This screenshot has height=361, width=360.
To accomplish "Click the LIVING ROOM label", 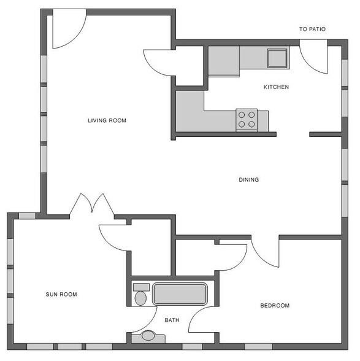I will point(107,121).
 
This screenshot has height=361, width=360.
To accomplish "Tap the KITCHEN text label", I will point(276,87).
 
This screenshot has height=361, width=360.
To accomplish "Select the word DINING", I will point(248,180).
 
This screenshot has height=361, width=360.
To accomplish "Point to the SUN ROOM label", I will point(61,294).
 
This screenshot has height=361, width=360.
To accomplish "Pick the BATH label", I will point(172,320).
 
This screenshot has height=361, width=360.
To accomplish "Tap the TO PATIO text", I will point(312,29).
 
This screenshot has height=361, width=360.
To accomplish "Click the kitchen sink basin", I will point(277,58).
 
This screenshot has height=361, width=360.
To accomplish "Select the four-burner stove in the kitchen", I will point(247,119).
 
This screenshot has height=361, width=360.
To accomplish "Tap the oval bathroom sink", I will point(148,336).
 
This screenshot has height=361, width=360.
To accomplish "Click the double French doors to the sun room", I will point(92,204).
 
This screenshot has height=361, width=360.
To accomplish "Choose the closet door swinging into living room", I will point(157,62).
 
